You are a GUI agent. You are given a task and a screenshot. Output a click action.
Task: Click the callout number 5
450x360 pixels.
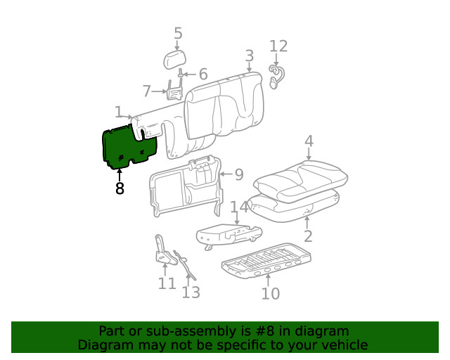(x=178, y=33)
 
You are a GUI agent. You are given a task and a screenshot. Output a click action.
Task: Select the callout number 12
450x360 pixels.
(x=278, y=46)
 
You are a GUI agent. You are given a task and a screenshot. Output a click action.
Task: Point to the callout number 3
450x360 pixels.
(x=249, y=56)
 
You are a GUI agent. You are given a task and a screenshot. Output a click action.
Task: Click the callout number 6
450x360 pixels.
(x=202, y=75)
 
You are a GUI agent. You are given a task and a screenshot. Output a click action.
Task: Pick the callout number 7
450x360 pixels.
(x=147, y=91)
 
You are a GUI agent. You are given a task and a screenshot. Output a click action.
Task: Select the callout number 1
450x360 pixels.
(x=119, y=112)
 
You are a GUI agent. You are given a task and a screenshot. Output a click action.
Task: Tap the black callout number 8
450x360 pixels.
(x=120, y=188)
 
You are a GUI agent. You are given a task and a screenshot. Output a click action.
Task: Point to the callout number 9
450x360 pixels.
(x=238, y=174)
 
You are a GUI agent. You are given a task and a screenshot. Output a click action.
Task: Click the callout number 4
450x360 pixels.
(x=309, y=142)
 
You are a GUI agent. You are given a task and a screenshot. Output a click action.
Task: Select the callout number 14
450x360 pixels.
(x=239, y=207)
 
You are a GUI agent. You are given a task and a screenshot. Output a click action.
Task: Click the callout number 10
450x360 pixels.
(x=270, y=293)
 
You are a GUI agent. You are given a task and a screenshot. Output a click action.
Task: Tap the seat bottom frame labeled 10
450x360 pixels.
(x=267, y=261)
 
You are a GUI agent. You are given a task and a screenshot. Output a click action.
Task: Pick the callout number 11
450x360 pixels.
(x=167, y=283)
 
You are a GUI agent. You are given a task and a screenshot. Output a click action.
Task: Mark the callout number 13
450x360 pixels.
(x=191, y=292)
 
